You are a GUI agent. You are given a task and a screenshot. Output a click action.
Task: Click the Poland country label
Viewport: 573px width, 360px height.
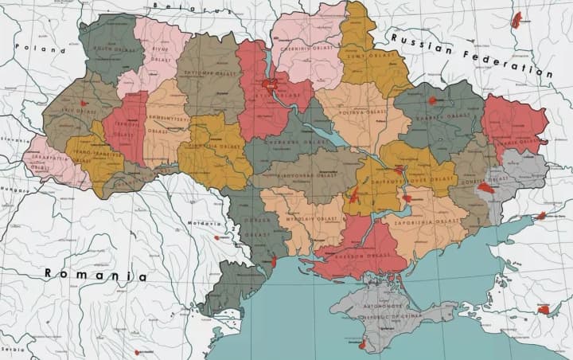click(x=45, y=50)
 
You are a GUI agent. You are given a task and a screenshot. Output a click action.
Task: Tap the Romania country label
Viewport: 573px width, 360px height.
click(x=95, y=275)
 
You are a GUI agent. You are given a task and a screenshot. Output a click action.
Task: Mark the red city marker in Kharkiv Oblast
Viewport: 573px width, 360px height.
click(x=433, y=100)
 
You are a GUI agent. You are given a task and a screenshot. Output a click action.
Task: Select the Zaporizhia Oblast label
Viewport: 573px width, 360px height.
click(x=436, y=221)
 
